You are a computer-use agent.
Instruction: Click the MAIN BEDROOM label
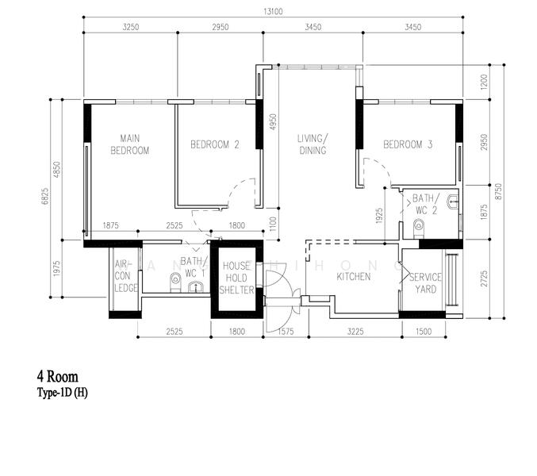pyautogui.click(x=129, y=144)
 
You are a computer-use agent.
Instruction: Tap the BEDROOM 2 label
pyautogui.click(x=214, y=144)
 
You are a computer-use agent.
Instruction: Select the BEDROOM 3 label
pyautogui.click(x=408, y=144)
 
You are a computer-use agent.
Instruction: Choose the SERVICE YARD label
pyautogui.click(x=425, y=283)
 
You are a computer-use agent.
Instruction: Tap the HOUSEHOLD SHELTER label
pyautogui.click(x=236, y=278)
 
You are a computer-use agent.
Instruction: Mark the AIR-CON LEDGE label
pyautogui.click(x=125, y=276)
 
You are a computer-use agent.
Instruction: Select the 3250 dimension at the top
pyautogui.click(x=130, y=28)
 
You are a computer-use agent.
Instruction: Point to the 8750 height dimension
pyautogui.click(x=497, y=191)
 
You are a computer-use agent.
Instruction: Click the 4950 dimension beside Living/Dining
pyautogui.click(x=273, y=123)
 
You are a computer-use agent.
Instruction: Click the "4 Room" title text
pyautogui.click(x=57, y=376)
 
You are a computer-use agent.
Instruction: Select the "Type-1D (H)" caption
pyautogui.click(x=62, y=393)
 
